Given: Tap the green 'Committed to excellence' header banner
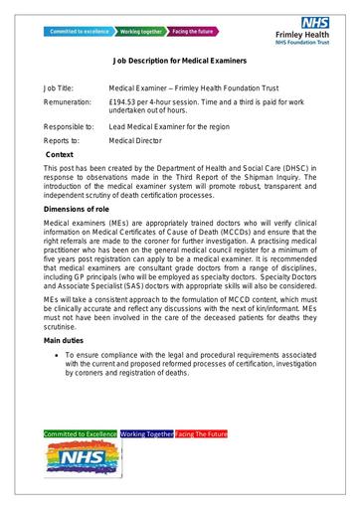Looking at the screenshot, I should pos(80,31).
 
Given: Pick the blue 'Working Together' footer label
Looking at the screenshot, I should pos(146,434).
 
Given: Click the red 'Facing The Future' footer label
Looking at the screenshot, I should pos(202,434).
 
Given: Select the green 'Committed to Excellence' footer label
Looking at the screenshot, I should pos(81,434).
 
